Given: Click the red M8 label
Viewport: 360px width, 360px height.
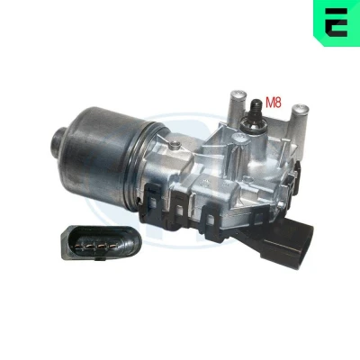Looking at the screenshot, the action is pyautogui.click(x=274, y=103).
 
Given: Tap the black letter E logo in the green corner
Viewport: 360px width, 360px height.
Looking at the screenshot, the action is pyautogui.click(x=336, y=22).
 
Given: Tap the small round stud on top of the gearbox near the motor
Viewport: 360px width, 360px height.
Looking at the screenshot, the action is pyautogui.click(x=172, y=146).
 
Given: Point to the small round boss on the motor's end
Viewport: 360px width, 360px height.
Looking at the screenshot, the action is pyautogui.click(x=58, y=139).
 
